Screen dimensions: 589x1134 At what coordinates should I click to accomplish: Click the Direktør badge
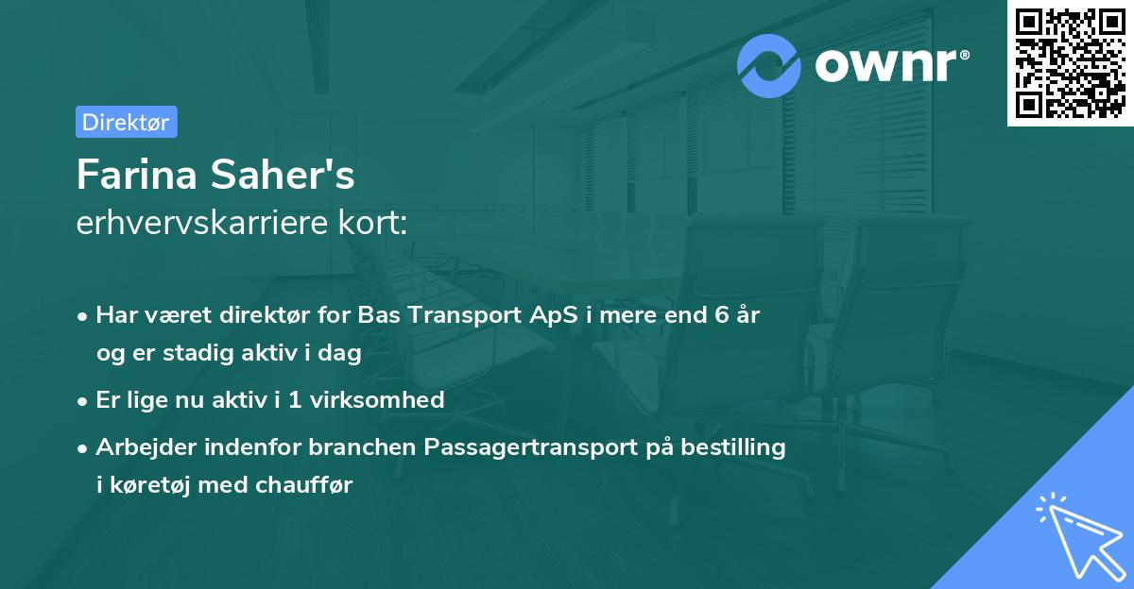click(126, 122)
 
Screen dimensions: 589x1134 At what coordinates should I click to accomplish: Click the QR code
click(1069, 62)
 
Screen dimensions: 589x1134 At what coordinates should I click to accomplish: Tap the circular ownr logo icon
click(769, 66)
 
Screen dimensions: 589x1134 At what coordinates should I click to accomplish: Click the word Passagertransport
click(531, 447)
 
